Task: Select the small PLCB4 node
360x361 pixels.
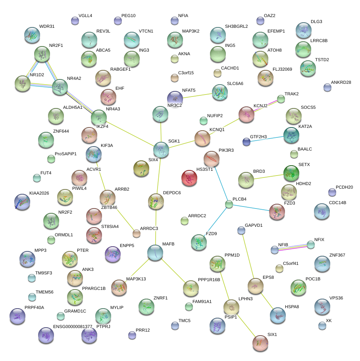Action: click(229, 205)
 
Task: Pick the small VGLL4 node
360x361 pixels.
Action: click(75, 21)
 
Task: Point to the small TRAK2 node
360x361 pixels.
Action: click(281, 99)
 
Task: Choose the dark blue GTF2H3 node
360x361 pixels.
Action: click(246, 141)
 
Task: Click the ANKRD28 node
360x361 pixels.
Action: click(327, 87)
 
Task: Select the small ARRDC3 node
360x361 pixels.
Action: click(137, 234)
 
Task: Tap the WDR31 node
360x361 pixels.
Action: click(32, 35)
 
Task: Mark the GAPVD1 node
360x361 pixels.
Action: click(241, 230)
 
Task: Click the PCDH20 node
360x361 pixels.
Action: click(332, 192)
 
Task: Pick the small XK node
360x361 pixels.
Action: click(322, 326)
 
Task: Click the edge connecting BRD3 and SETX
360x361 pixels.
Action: click(268, 176)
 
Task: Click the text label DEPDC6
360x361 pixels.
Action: click(172, 193)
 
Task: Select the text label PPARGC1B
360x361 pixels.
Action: click(94, 288)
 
